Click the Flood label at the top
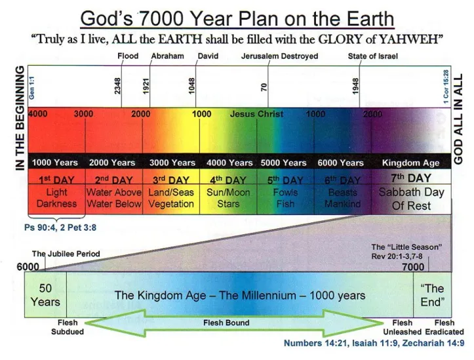128,56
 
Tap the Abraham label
167,56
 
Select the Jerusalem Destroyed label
279,56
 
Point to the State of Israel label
373,56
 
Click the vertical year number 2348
118,85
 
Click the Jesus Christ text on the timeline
256,114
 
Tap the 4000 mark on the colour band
38,114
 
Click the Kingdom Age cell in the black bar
410,163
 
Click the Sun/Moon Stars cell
228,198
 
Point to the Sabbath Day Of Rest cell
411,199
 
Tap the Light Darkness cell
56,198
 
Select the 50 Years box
45,295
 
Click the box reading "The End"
432,295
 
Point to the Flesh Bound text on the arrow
227,323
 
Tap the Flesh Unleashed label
402,327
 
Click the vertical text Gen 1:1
31,85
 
